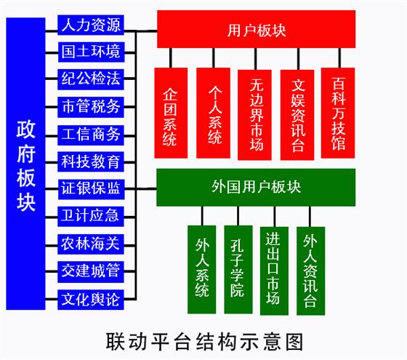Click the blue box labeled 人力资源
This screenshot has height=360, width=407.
pos(91,25)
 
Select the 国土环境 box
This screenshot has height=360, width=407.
pos(91,52)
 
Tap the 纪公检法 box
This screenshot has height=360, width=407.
pos(91,79)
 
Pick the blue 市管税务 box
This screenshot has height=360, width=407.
pos(91,107)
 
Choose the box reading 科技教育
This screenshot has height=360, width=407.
pos(91,161)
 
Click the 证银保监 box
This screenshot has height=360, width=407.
pos(91,189)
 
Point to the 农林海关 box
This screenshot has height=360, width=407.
pos(91,244)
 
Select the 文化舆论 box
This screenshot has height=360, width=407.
pos(91,300)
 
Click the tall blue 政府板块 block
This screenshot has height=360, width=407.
pos(25,164)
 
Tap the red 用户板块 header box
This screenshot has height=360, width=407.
pos(256,29)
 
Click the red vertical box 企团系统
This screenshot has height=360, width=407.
pos(171,113)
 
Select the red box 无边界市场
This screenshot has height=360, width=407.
pos(254,115)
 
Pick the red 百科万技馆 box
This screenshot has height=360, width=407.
pos(338,113)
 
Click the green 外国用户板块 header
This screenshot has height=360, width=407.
pos(256,188)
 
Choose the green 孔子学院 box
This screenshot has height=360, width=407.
pos(238,269)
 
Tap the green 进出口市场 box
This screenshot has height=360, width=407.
pos(274,271)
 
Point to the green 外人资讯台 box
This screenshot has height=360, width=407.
pos(311,271)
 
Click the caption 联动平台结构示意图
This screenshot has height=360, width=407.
pos(204,342)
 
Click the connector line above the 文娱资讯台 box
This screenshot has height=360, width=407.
pos(298,59)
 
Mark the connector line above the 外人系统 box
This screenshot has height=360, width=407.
pos(202,216)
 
